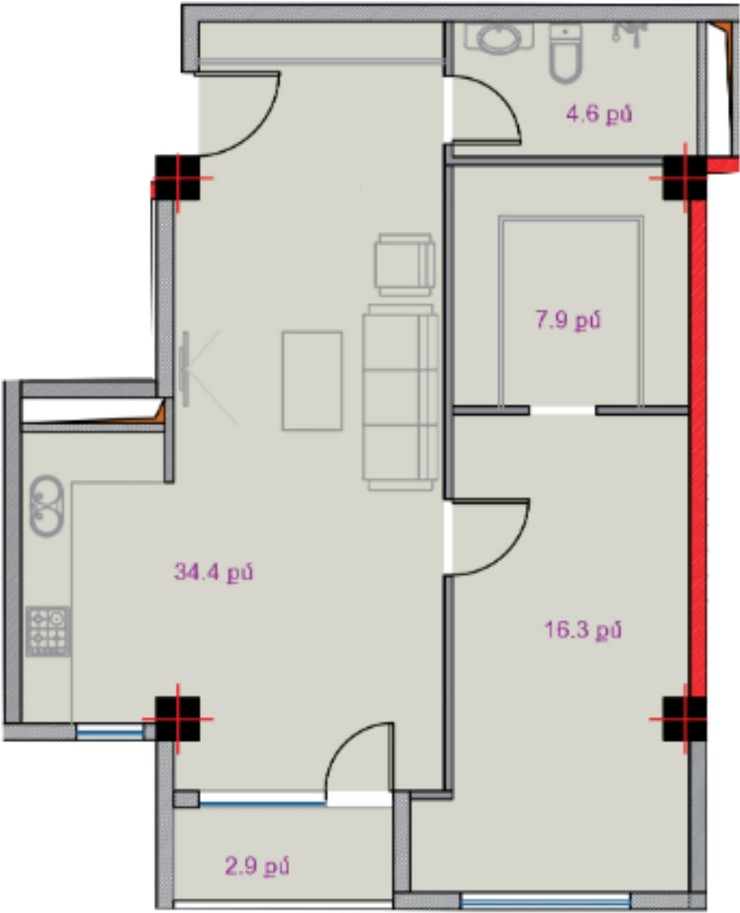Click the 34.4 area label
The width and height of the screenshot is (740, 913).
[214, 572]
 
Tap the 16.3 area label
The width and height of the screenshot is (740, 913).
[583, 630]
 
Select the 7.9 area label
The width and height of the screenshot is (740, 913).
[568, 321]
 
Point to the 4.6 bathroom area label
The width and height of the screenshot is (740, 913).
[599, 113]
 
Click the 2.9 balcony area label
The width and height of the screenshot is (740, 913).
[257, 866]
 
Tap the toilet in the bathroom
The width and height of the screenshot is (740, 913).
[566, 53]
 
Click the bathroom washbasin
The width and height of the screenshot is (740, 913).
[499, 36]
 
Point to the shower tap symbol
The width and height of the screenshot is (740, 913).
[629, 33]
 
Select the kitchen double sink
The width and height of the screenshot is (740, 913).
[47, 505]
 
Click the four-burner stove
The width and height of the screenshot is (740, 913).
[49, 631]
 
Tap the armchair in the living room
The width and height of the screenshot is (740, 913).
[405, 265]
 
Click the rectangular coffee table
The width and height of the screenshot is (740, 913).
[312, 380]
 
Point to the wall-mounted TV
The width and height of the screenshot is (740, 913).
[185, 368]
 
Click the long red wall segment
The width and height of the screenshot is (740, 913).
[698, 448]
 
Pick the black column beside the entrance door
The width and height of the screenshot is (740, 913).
[177, 177]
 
